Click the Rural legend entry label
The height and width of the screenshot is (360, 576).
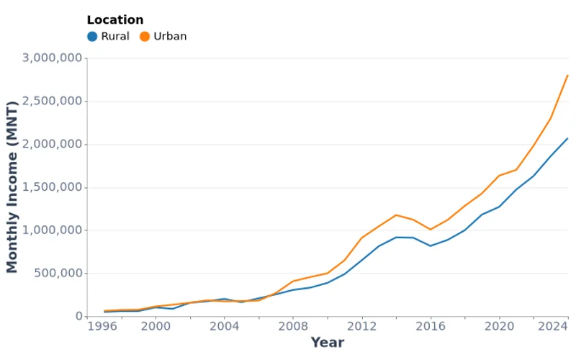coord(115,37)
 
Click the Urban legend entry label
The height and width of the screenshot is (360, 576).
coord(170,37)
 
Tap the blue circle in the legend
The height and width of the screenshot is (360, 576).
coord(92,37)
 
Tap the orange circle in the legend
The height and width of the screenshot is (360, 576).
coord(145,37)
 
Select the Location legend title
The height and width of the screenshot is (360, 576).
coord(114,20)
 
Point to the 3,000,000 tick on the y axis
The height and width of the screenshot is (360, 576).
coord(51,58)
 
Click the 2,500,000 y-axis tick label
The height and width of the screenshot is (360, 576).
coord(51,102)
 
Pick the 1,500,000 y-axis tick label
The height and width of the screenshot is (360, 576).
coord(51,187)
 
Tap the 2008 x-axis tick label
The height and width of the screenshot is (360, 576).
coord(294,326)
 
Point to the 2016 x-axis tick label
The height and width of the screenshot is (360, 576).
coord(431,326)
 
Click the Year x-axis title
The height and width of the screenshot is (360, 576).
coord(327,343)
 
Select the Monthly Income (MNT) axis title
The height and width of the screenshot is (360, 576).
coord(12,187)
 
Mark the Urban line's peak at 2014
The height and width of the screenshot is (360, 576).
coord(396,215)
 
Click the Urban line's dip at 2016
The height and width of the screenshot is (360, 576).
coord(431,230)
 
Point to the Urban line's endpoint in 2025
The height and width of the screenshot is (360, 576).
coord(568,76)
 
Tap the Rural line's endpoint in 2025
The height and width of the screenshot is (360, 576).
coord(568,138)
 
